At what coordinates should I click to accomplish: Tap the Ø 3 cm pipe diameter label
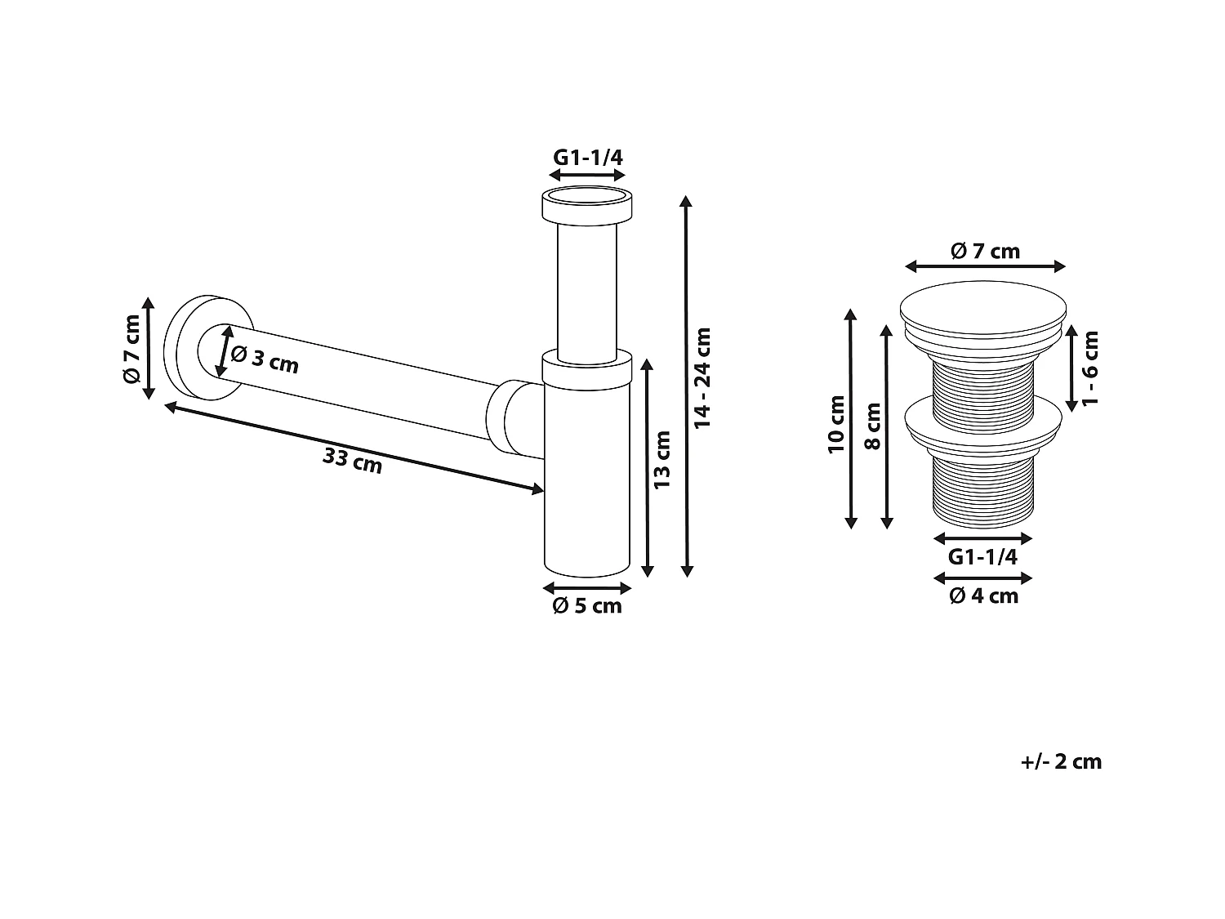(265, 359)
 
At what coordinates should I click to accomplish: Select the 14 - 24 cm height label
(703, 377)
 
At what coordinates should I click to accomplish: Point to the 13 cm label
(662, 460)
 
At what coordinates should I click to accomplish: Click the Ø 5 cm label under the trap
(587, 605)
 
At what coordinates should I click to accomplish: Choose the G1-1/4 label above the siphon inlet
(588, 157)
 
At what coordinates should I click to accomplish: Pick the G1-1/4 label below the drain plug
(982, 557)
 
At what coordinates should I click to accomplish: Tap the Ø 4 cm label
(983, 596)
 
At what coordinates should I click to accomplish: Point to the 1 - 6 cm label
(1091, 367)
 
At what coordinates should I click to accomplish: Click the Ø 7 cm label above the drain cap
(985, 251)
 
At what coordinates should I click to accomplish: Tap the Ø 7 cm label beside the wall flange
(131, 349)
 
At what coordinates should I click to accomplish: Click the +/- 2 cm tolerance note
(1061, 761)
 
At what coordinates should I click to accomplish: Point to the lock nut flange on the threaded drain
(983, 426)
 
